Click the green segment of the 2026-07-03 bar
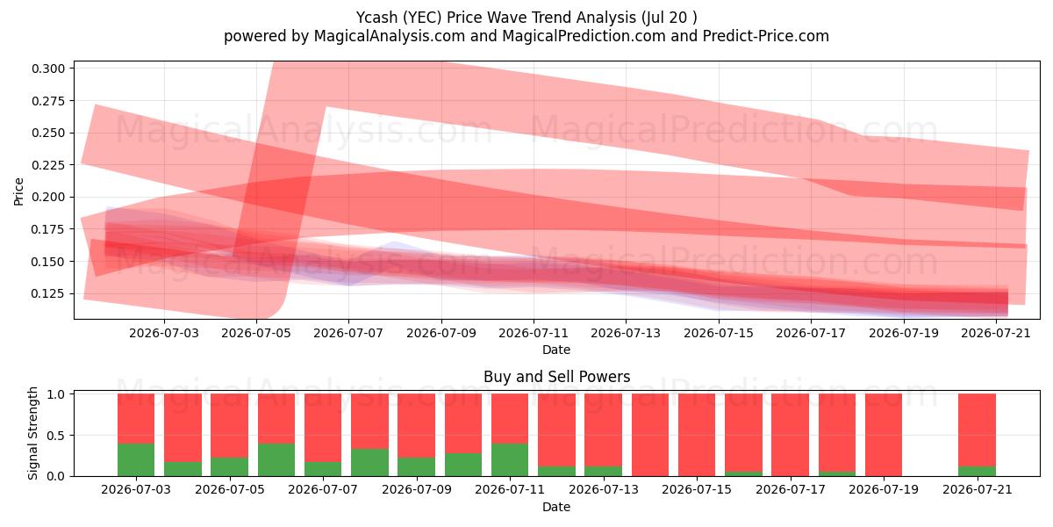(x=136, y=459)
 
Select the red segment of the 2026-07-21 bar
(x=977, y=430)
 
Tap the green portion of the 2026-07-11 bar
(x=510, y=459)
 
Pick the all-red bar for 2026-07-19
(x=884, y=435)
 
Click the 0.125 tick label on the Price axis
(x=48, y=293)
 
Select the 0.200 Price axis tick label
(x=48, y=197)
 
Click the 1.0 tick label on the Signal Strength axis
(x=56, y=394)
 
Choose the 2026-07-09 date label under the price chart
(x=441, y=333)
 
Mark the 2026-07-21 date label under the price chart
(x=996, y=333)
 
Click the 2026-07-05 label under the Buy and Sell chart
(x=229, y=489)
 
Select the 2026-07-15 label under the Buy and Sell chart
(x=697, y=489)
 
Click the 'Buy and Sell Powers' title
(x=556, y=377)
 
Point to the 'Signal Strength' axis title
(x=32, y=433)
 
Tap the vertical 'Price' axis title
(x=18, y=191)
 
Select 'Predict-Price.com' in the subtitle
(x=766, y=36)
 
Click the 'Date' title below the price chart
(x=556, y=350)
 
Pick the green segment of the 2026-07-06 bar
(x=276, y=459)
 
